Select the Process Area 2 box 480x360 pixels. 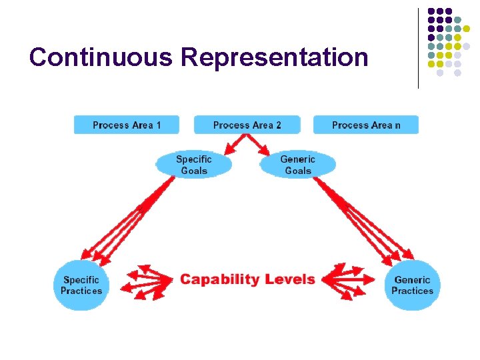(247, 125)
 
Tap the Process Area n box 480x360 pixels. (366, 125)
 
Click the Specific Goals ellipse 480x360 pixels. (193, 165)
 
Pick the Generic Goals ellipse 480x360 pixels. (297, 165)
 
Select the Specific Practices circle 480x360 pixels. (81, 285)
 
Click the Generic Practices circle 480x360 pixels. (413, 285)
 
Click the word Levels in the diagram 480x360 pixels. (289, 279)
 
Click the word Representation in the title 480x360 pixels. (275, 57)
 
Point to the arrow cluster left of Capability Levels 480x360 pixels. (147, 281)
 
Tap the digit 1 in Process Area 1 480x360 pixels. (158, 125)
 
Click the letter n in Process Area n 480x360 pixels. (397, 125)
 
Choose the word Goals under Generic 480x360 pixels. (298, 171)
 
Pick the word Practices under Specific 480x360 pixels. (81, 291)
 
